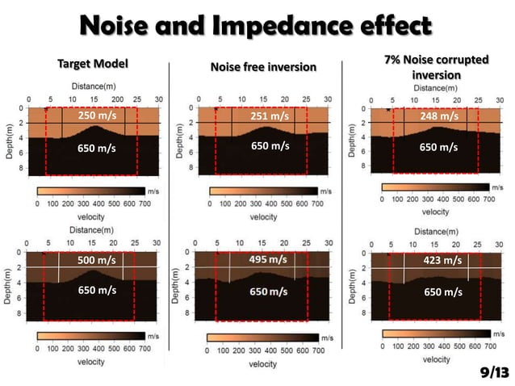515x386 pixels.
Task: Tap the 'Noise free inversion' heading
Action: click(262, 67)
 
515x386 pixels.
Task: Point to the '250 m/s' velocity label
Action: click(97, 116)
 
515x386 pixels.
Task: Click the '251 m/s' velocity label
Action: click(270, 116)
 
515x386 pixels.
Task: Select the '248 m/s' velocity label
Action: click(439, 116)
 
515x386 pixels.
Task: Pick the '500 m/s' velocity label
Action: click(97, 261)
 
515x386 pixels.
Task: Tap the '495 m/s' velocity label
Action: click(270, 259)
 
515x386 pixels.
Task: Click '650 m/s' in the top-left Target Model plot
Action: click(97, 149)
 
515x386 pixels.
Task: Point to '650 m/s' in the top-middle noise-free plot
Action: click(270, 146)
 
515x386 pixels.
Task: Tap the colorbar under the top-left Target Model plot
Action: click(90, 191)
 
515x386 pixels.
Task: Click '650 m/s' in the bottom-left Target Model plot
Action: click(97, 290)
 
